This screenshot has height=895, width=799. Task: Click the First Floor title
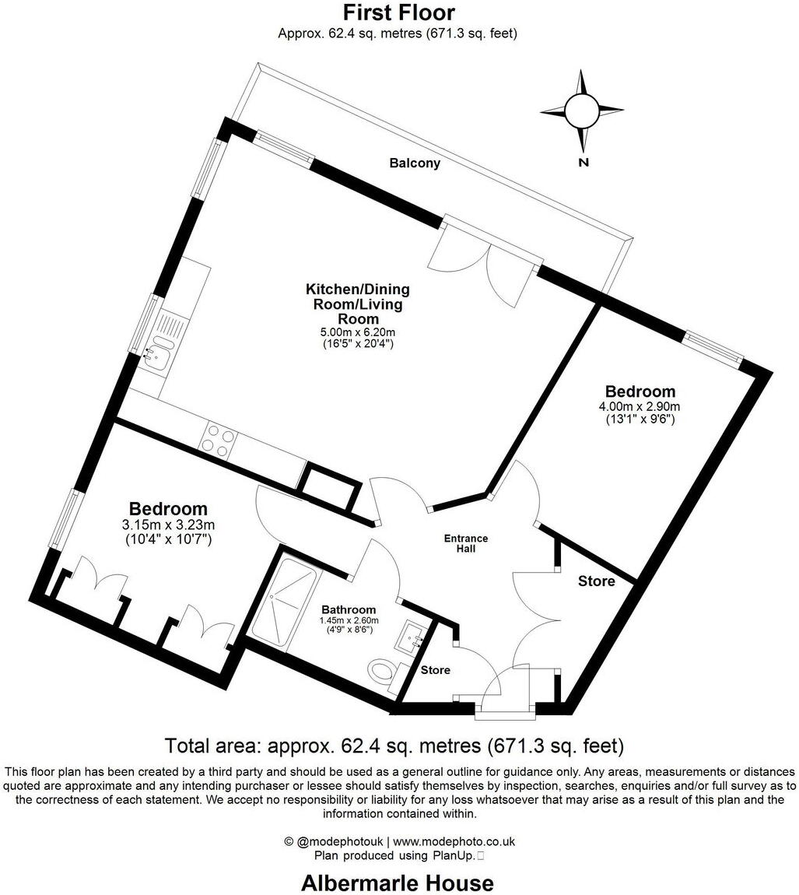tap(398, 12)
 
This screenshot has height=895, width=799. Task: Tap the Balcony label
tap(415, 163)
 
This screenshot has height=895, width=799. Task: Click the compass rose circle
tap(580, 111)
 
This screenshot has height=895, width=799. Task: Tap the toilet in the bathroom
tap(384, 670)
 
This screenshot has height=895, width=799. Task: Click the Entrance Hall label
tap(466, 543)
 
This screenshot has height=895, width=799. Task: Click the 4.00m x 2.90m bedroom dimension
tap(640, 406)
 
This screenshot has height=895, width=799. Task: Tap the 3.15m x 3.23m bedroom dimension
tap(168, 525)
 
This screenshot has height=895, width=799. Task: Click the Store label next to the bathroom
tap(435, 670)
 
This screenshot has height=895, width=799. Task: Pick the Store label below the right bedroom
tap(596, 581)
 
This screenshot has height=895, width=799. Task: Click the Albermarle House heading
tap(397, 883)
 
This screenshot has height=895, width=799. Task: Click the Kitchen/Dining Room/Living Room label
tap(357, 304)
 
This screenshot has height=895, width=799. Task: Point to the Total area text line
tap(394, 746)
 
